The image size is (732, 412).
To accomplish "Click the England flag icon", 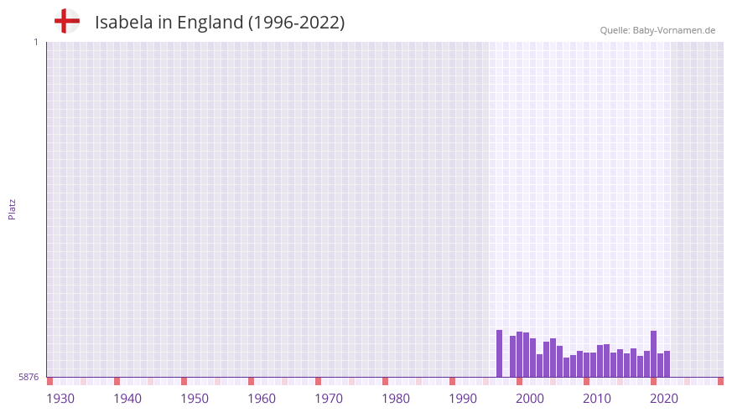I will pos(67,22).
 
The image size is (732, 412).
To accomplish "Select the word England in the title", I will pos(210,23).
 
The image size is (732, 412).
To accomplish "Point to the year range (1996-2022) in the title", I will pos(296,23).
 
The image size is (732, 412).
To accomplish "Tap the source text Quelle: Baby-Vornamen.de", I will pos(657,30).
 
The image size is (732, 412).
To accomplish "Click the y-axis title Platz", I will pos(12,209).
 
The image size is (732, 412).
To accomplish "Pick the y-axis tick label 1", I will pos(35,42).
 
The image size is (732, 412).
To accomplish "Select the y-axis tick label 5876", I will pos(29,378).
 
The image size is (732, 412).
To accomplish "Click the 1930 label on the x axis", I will pos(60,399).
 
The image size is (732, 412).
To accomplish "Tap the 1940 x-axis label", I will pos(127,399).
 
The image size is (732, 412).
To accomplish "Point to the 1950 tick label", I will pos(195,399).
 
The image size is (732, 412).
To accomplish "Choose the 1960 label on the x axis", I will pos(262,399).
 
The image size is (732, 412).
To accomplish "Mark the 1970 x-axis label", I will pos(329,399).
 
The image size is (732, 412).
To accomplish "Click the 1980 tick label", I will pos(396,399).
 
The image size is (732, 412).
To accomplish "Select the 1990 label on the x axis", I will pos(463,399).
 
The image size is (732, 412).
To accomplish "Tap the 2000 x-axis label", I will pos(530,399).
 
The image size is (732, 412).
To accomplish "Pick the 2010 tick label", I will pos(597,399).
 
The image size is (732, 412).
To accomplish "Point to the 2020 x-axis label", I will pos(664,399).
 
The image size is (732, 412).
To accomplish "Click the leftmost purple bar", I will pos(500,353).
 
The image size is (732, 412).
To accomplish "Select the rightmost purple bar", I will pos(667,364).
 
